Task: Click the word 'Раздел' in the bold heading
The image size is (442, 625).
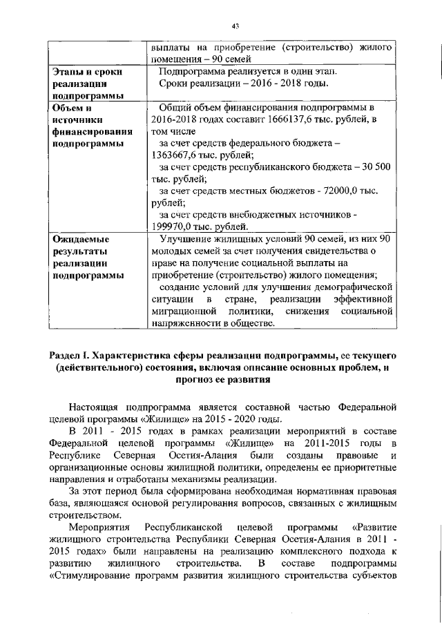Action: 65,355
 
